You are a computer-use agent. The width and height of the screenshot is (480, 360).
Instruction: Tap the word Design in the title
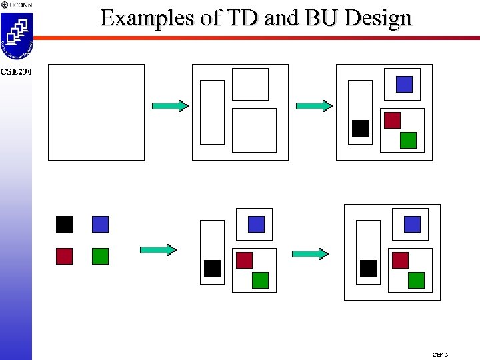(x=379, y=18)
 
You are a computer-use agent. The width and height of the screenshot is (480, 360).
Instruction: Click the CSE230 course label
(x=15, y=71)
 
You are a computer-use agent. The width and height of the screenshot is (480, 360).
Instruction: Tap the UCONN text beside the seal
(x=21, y=5)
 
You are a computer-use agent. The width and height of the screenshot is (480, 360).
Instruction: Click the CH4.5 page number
(x=440, y=355)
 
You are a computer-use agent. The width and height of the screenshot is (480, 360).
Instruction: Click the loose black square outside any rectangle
(x=64, y=224)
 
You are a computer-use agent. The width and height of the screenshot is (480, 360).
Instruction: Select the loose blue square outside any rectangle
(x=100, y=224)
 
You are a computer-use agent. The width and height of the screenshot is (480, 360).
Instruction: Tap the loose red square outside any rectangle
(x=64, y=256)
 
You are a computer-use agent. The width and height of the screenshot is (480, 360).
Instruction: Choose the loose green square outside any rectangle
(x=100, y=256)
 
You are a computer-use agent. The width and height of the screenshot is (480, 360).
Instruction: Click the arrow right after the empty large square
(x=170, y=105)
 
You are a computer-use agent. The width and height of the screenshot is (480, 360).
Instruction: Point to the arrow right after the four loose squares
(x=158, y=249)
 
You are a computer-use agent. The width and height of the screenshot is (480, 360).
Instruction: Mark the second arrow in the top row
(x=313, y=105)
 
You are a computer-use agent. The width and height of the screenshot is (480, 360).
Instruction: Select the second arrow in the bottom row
(x=310, y=253)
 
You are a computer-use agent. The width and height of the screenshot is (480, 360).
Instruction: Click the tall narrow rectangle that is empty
(x=212, y=112)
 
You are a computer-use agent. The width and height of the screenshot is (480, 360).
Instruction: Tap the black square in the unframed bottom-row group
(x=212, y=268)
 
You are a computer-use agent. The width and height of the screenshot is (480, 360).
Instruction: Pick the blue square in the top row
(x=404, y=84)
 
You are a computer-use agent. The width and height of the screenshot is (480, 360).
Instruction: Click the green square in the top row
(x=408, y=140)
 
